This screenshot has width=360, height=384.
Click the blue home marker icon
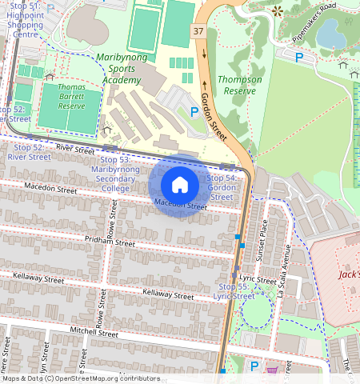click(180, 185)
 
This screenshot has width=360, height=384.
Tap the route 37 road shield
click(198, 31)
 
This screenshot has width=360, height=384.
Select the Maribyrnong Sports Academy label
click(118, 69)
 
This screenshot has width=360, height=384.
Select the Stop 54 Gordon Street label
click(221, 186)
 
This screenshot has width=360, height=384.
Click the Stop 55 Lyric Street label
click(234, 290)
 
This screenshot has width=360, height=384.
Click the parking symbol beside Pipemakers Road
click(299, 57)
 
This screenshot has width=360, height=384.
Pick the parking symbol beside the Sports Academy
click(194, 112)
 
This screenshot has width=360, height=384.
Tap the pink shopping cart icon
click(273, 370)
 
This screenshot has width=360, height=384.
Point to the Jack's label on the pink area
click(349, 274)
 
